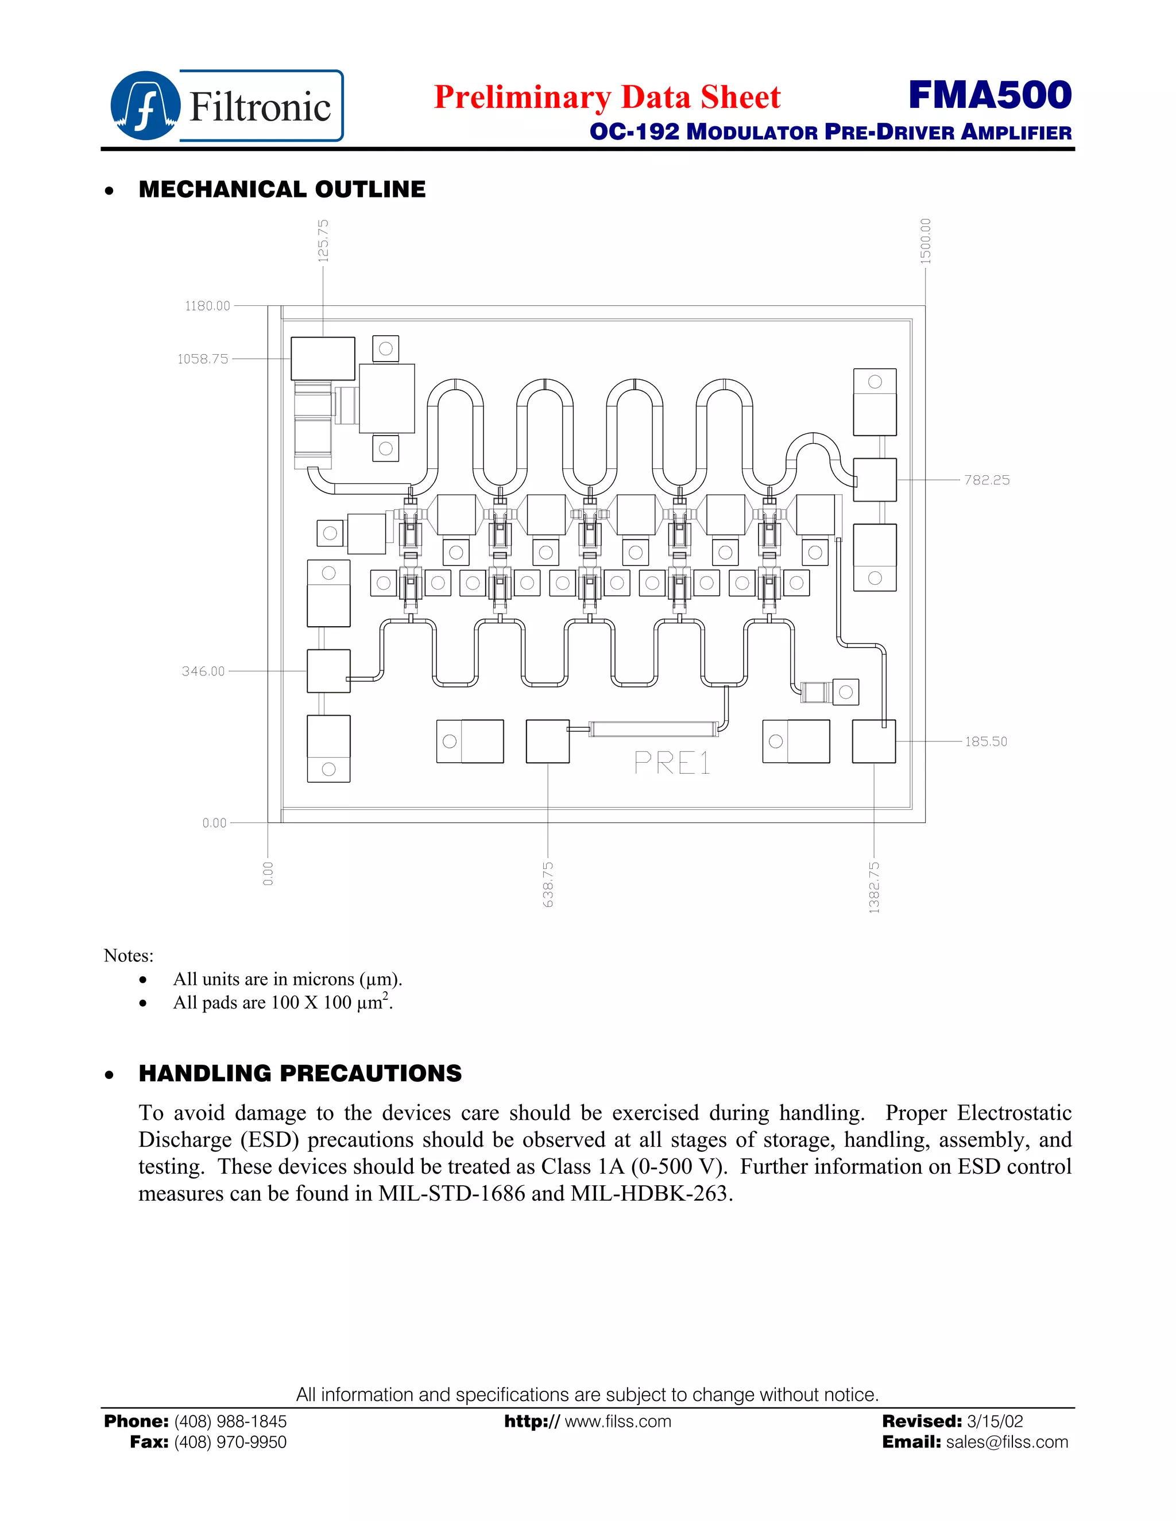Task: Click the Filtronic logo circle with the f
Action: (x=145, y=106)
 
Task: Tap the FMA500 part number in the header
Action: (x=989, y=95)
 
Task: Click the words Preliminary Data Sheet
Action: (x=607, y=97)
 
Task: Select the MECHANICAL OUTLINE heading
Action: (x=281, y=189)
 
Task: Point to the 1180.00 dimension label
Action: (x=207, y=306)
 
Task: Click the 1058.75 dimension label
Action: (x=203, y=359)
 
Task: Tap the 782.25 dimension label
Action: (x=987, y=480)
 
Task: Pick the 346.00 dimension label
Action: (x=203, y=672)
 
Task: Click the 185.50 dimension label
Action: (x=986, y=742)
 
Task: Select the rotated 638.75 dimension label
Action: (x=548, y=884)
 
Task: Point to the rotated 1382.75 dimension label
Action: (x=875, y=887)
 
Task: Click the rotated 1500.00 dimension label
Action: (x=925, y=240)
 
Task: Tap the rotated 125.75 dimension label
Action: (x=323, y=240)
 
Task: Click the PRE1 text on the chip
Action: (x=672, y=764)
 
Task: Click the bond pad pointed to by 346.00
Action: (x=328, y=672)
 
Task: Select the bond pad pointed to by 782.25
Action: (x=875, y=480)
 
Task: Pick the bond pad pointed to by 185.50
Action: (x=873, y=742)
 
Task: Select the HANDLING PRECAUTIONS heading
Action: (x=300, y=1073)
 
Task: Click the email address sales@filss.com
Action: (x=1007, y=1442)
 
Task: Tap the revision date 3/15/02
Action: (x=995, y=1421)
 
